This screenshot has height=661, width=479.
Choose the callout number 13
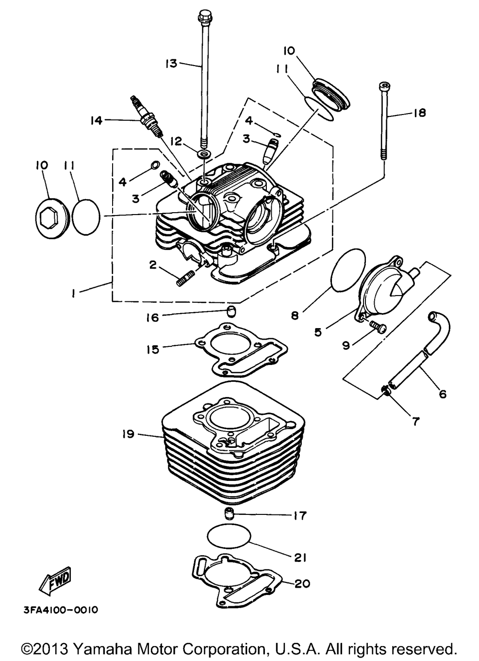coord(171,63)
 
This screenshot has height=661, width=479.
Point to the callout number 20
coord(302,583)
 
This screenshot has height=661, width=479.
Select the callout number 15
coord(153,349)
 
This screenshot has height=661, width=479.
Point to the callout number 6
coord(442,394)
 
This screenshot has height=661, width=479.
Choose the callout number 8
coord(295,316)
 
